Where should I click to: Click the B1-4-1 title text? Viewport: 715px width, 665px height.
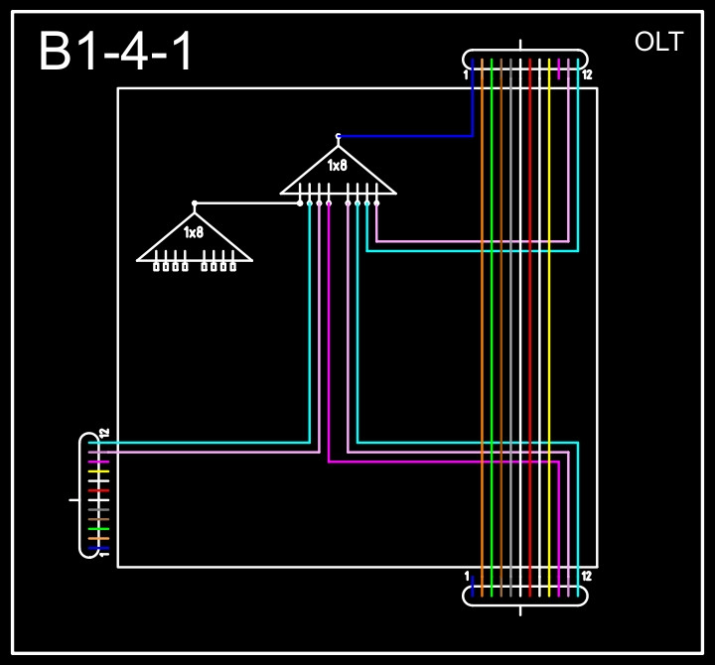coord(117,52)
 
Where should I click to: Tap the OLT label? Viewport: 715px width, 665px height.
coord(658,42)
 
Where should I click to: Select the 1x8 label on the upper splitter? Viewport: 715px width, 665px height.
coord(338,166)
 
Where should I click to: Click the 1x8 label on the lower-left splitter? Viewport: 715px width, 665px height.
coord(194,232)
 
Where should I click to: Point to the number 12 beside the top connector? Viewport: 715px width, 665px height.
coord(588,74)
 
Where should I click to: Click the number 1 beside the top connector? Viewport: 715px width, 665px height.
coord(465,74)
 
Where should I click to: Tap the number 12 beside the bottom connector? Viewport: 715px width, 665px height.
coord(587,576)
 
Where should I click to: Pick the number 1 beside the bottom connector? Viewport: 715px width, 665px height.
coord(466,576)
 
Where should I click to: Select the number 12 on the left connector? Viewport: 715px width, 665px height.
coord(104,434)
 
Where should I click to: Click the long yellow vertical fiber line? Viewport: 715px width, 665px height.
coord(549,328)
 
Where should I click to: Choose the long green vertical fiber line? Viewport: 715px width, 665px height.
coord(492,328)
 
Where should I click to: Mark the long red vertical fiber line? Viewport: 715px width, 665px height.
coord(530,328)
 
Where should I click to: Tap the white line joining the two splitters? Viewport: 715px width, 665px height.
coord(248,202)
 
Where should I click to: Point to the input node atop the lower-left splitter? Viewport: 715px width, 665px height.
coord(195,202)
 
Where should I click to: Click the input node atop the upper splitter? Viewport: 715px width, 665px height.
coord(338,136)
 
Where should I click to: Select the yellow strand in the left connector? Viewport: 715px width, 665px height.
coord(98,471)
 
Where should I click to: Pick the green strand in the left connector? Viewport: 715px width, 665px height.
coord(98,529)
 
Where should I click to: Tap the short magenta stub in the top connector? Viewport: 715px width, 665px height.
coord(559,67)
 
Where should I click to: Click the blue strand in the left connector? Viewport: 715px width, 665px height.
coord(98,549)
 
